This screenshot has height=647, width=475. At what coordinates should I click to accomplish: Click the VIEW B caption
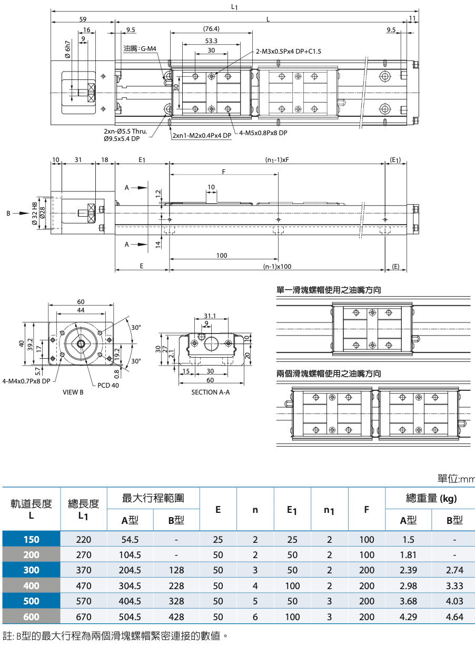click(73, 392)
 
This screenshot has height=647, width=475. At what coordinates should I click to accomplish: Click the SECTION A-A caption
click(211, 392)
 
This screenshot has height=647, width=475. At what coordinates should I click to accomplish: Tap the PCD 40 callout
click(108, 385)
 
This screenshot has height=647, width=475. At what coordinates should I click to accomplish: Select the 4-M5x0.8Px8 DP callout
click(263, 133)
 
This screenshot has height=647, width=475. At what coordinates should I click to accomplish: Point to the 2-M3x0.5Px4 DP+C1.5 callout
click(288, 51)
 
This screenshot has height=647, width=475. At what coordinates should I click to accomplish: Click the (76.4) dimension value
click(211, 29)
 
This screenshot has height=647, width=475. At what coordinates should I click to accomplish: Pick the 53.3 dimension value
click(211, 41)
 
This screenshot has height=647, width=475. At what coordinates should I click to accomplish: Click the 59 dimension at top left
click(83, 19)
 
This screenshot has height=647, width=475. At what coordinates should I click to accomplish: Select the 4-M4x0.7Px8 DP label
click(26, 381)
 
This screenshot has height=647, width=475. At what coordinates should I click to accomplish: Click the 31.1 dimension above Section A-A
click(210, 316)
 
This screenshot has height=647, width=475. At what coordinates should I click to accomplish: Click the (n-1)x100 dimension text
click(277, 267)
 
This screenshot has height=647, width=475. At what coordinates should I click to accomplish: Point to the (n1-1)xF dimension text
click(277, 159)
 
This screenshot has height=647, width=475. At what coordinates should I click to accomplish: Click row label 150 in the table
click(31, 539)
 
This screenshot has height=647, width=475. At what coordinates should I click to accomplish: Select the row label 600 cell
click(31, 617)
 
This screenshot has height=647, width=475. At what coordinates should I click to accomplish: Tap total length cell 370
click(84, 570)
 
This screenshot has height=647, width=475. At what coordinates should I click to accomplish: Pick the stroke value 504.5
click(130, 617)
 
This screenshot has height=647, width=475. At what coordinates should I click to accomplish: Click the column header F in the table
click(367, 509)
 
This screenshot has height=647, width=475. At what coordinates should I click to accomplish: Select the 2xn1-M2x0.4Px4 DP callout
click(202, 135)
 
